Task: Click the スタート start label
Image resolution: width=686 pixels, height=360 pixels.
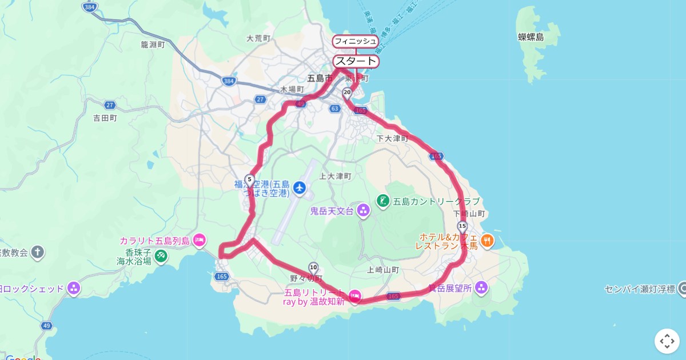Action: pyautogui.click(x=356, y=61)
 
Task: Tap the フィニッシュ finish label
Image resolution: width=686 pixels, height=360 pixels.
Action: pyautogui.click(x=356, y=41)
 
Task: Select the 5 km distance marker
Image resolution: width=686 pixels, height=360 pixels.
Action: pyautogui.click(x=249, y=179)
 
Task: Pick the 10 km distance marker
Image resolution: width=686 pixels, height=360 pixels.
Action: pyautogui.click(x=313, y=267)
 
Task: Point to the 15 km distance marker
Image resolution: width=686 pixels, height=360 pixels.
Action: pyautogui.click(x=462, y=226)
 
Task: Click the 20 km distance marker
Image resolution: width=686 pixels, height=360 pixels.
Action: pyautogui.click(x=346, y=92)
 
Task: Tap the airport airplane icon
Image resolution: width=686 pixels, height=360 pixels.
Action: pyautogui.click(x=299, y=187)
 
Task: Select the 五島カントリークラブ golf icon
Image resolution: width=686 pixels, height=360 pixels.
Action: pyautogui.click(x=382, y=201)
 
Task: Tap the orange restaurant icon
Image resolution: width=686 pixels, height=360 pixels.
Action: pyautogui.click(x=487, y=241)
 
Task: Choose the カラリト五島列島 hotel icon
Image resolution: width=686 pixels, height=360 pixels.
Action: pyautogui.click(x=199, y=241)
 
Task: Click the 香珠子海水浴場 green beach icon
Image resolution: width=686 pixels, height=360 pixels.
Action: pyautogui.click(x=161, y=256)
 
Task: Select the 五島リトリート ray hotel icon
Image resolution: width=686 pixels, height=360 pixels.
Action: pyautogui.click(x=354, y=295)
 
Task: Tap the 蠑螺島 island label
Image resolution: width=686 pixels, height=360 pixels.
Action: pyautogui.click(x=531, y=37)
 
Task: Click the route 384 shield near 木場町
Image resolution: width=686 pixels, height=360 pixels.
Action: pyautogui.click(x=229, y=82)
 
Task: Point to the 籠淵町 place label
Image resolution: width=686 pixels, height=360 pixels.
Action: pyautogui.click(x=153, y=44)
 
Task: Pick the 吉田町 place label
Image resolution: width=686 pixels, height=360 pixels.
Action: pyautogui.click(x=105, y=118)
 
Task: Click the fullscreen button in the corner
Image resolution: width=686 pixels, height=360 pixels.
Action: pyautogui.click(x=667, y=341)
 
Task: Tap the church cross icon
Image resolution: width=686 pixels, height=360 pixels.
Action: pyautogui.click(x=38, y=252)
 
